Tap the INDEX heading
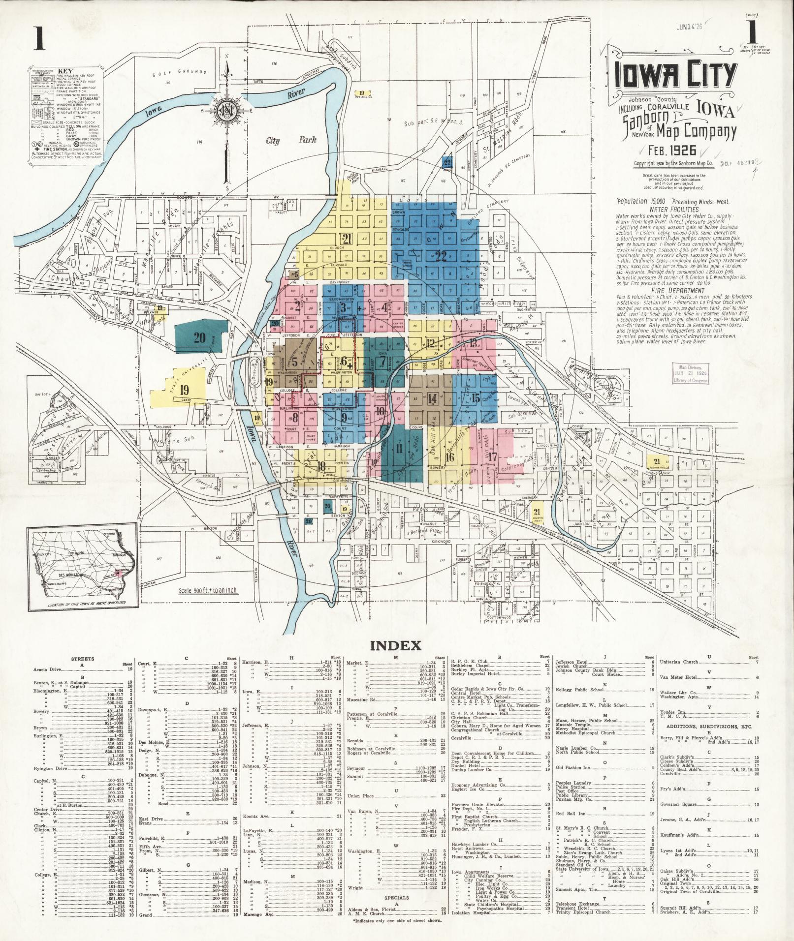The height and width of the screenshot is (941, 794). (x=397, y=645)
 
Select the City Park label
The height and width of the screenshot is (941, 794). (x=280, y=141)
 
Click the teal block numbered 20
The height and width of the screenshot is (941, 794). (x=199, y=337)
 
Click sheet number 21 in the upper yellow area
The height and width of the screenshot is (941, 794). (x=348, y=239)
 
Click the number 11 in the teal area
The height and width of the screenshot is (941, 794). (x=399, y=448)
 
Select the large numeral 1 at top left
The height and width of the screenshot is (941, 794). (x=38, y=38)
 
